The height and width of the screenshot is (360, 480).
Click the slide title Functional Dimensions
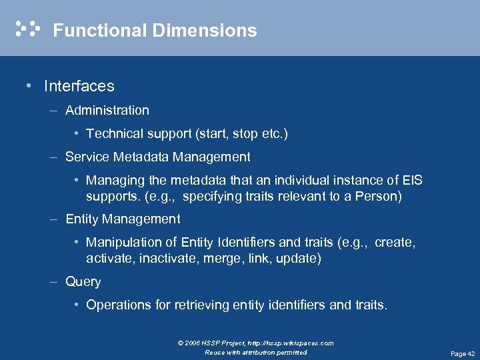[155, 31]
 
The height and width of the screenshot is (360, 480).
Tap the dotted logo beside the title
[27, 29]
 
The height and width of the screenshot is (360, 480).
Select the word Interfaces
[79, 86]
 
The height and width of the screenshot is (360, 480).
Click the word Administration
[107, 110]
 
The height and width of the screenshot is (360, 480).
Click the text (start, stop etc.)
[241, 133]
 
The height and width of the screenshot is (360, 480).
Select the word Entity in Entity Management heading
[82, 219]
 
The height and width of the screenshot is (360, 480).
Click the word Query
[83, 281]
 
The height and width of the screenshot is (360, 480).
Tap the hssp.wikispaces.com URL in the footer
[292, 343]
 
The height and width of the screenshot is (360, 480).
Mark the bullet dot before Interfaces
[27, 86]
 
